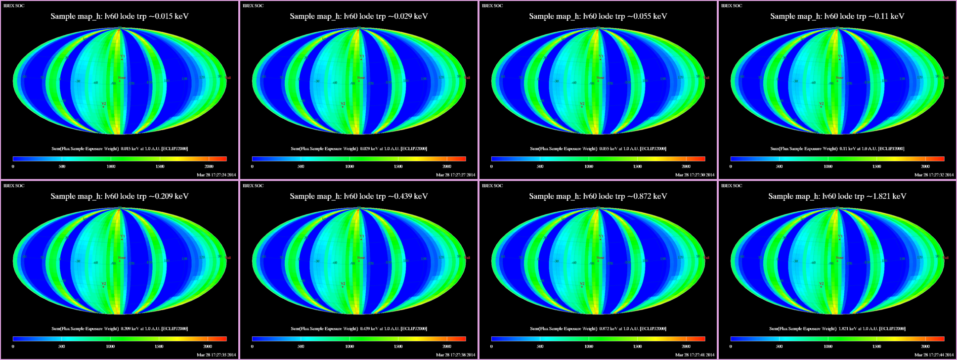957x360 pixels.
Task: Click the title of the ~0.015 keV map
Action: (x=120, y=16)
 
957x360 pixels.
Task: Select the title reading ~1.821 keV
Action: (x=837, y=196)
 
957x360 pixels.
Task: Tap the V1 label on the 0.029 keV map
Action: (x=362, y=56)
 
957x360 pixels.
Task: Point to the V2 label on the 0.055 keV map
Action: (x=582, y=104)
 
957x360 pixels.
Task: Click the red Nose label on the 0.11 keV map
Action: (x=839, y=78)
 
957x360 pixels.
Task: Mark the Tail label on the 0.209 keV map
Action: (x=228, y=258)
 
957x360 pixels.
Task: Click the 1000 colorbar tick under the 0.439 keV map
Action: (x=349, y=347)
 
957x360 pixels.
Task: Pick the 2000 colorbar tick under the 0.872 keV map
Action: (x=686, y=347)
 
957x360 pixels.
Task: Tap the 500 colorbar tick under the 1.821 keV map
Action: (x=779, y=347)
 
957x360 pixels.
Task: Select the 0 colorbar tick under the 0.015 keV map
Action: (x=13, y=167)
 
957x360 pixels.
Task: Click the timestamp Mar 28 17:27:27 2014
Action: (x=455, y=175)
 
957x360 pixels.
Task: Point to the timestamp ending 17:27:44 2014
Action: (x=934, y=355)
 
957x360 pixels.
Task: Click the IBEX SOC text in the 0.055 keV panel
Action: (x=492, y=6)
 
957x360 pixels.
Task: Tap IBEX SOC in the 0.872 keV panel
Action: (x=492, y=186)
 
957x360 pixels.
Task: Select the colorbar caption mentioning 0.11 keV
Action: (x=837, y=148)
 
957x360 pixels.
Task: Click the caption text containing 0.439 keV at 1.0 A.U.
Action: (x=359, y=328)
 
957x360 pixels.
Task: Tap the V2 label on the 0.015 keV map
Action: (x=104, y=104)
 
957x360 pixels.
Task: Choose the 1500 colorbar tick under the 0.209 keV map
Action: (x=159, y=347)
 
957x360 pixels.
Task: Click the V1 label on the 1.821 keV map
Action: (x=840, y=236)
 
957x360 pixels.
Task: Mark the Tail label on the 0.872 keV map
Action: (x=706, y=258)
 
